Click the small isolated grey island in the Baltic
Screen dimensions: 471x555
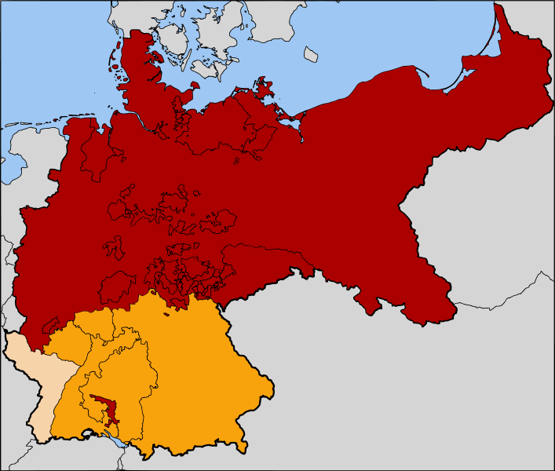click(x=312, y=54)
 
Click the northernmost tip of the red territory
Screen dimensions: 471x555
click(x=497, y=5)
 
